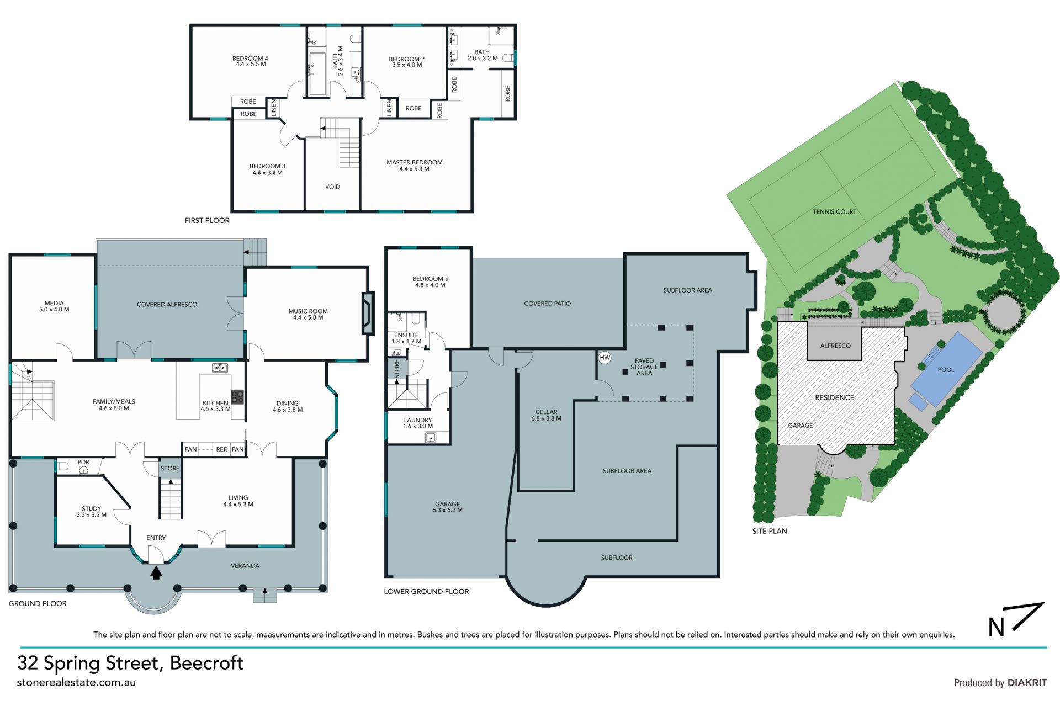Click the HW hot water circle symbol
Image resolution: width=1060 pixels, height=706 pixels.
(605, 358)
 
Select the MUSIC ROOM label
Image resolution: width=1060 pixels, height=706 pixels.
(308, 311)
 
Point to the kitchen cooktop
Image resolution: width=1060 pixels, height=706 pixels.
(238, 396)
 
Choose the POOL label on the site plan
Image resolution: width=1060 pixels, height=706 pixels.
(946, 370)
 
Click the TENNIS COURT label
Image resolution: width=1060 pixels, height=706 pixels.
(834, 212)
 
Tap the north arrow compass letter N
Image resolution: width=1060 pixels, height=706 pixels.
(996, 628)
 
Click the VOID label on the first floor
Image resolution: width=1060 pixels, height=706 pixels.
(332, 187)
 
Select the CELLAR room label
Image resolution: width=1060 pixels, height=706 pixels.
(546, 412)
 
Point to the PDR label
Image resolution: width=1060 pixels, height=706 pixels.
(83, 463)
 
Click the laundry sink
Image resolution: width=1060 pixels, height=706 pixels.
(431, 438)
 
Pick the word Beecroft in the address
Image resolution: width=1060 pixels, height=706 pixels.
(206, 663)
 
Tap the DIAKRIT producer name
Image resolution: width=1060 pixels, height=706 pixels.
(1027, 683)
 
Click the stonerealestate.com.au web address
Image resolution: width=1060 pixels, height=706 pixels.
(76, 682)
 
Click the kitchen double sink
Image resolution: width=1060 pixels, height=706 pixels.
(220, 368)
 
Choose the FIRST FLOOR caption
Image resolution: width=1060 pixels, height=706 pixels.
(207, 220)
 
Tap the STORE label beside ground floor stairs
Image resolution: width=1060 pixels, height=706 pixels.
(170, 469)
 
